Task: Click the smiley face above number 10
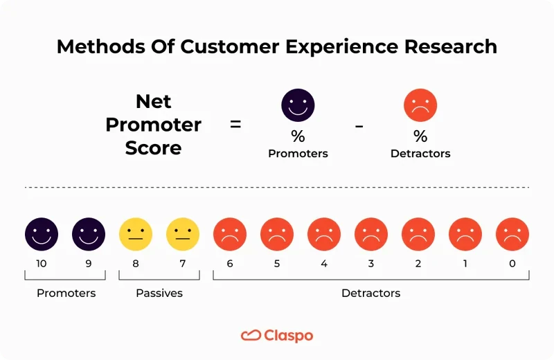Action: pos(42,234)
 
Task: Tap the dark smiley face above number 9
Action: pos(89,234)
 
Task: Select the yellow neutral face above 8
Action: pos(136,234)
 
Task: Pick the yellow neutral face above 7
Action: pos(183,234)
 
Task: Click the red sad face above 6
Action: pos(230,234)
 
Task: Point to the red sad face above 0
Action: pos(512,234)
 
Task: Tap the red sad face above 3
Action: pos(371,234)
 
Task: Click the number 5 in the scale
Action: pos(277,264)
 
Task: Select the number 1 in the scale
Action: pos(465,264)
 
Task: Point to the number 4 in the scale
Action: pos(324,264)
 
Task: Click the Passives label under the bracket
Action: pos(159,293)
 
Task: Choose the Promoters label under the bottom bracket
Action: pos(66,293)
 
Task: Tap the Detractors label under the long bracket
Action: pos(370,293)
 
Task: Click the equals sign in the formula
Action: pos(235,125)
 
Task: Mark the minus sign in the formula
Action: pos(359,125)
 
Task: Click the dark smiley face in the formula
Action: pos(298,106)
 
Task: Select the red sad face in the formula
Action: pos(420,106)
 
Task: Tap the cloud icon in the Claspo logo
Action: pos(250,336)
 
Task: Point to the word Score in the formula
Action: pos(154,147)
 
